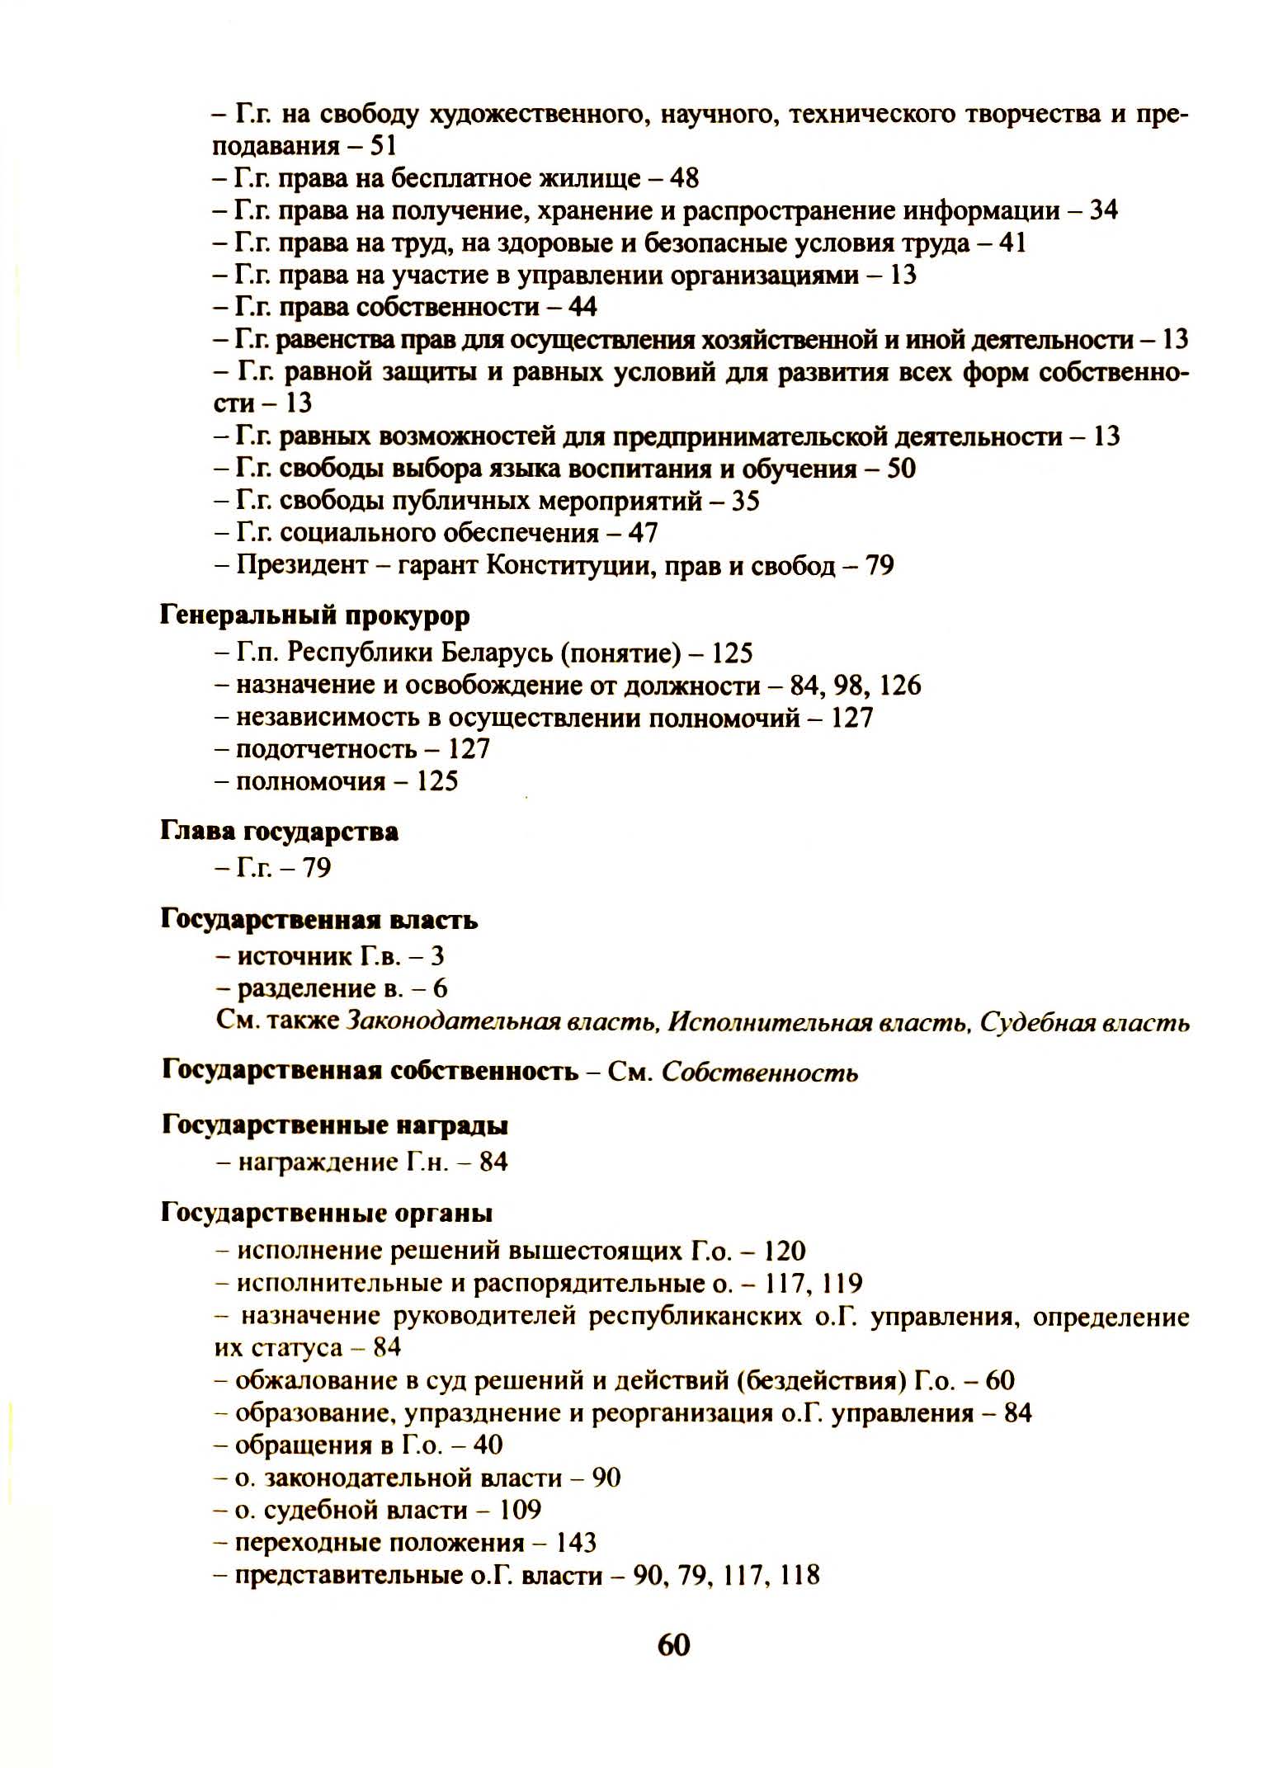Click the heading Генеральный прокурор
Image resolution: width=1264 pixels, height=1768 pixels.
tap(314, 616)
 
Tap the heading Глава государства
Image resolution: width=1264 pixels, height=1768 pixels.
tap(279, 832)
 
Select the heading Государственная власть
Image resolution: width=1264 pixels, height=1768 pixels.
tap(319, 920)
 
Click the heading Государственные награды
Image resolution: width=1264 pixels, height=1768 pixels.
tap(335, 1125)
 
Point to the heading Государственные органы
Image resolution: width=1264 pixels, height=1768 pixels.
tap(327, 1214)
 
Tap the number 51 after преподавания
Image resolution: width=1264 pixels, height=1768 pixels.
tap(383, 146)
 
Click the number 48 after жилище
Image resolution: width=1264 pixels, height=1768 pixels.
tap(685, 178)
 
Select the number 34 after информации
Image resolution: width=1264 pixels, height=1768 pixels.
tap(1103, 210)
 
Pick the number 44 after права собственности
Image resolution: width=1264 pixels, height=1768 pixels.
tap(582, 308)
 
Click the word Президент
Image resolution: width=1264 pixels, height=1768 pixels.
tap(302, 566)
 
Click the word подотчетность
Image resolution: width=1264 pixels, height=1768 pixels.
tap(327, 749)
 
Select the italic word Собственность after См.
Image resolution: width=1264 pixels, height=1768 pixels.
tap(760, 1073)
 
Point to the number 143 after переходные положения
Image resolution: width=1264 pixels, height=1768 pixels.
tap(576, 1543)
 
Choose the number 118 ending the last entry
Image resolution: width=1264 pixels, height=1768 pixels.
tap(799, 1576)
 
